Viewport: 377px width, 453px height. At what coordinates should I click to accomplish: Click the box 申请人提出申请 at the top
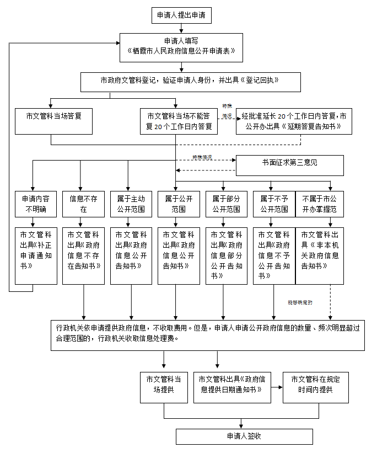(x=181, y=16)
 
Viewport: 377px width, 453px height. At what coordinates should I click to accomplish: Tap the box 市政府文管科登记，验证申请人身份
(x=191, y=81)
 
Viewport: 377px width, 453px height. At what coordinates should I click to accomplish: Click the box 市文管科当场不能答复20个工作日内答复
(x=179, y=121)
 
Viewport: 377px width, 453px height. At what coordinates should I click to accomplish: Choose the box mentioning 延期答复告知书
(x=294, y=121)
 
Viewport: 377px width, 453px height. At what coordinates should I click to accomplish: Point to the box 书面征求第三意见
(x=289, y=164)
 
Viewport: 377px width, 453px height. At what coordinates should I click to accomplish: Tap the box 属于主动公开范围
(x=131, y=204)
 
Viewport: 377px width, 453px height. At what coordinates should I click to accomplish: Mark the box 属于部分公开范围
(x=226, y=204)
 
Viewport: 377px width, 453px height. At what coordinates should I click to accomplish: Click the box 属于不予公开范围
(x=274, y=204)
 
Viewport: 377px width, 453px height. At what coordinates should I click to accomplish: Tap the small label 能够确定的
(x=300, y=303)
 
